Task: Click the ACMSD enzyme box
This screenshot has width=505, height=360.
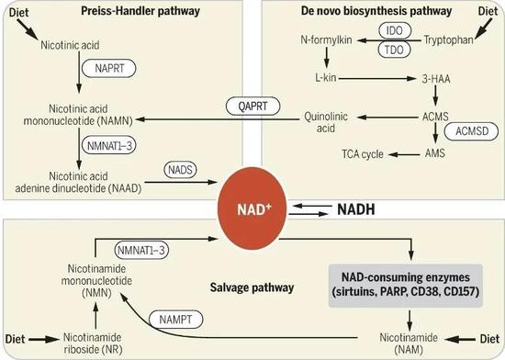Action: [463, 132]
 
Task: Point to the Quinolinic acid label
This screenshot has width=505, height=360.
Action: [326, 122]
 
